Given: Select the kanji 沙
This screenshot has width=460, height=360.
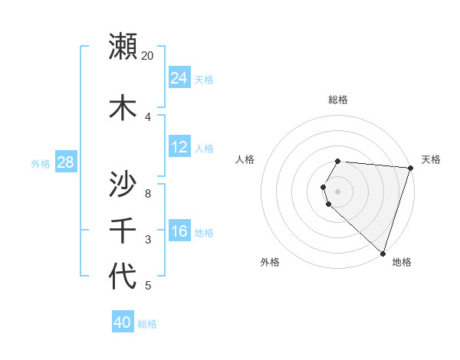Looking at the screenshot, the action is click(123, 184).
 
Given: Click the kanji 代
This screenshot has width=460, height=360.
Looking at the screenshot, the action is click(123, 276).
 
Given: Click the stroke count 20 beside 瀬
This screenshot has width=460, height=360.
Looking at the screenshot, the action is click(147, 56).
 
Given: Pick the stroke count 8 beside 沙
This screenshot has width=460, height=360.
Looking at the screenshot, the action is click(147, 193).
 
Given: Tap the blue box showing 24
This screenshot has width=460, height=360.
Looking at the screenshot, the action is click(179, 78).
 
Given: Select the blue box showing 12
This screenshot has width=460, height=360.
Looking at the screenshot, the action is click(179, 147).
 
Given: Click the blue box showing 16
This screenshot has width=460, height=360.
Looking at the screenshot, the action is click(179, 231).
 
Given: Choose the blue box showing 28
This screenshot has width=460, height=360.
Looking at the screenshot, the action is click(65, 162).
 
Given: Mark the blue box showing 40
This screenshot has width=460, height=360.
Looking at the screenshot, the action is click(123, 322).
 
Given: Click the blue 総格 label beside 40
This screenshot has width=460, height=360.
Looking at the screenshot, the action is click(148, 324).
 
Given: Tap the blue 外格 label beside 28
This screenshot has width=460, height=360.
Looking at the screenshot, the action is click(41, 163).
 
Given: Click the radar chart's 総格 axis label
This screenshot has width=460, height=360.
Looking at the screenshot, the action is click(338, 100).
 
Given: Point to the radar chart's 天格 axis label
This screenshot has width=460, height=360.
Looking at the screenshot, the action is click(431, 159).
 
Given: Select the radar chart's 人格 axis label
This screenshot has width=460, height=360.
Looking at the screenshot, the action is click(245, 159).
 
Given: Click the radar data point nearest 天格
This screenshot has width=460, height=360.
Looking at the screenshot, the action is click(410, 168).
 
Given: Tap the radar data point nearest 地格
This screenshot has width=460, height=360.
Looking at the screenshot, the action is click(383, 253).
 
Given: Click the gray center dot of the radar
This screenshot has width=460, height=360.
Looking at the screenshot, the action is click(338, 191).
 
